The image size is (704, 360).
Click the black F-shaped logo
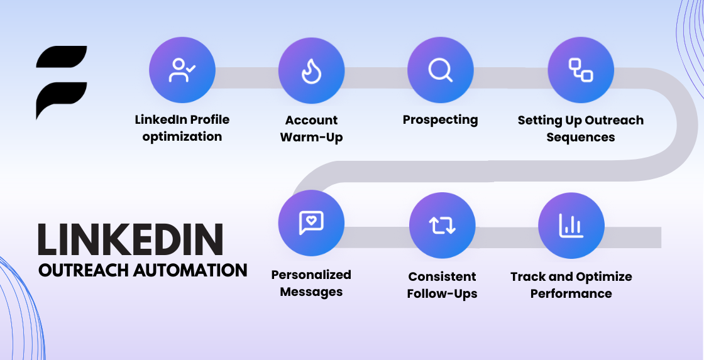click(x=62, y=82)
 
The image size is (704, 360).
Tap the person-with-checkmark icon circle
click(x=182, y=70)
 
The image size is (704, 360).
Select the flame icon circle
click(x=312, y=70)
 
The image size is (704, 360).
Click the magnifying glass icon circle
click(x=441, y=70)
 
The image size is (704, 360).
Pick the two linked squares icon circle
click(x=581, y=70)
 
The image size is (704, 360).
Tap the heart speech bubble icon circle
click(x=311, y=223)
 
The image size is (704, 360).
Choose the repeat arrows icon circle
click(x=443, y=226)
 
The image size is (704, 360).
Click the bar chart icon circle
click(x=571, y=226)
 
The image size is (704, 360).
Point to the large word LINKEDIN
click(x=131, y=240)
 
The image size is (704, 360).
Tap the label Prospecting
click(x=441, y=120)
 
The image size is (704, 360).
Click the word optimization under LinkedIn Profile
click(x=182, y=136)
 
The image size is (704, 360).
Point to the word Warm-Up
click(x=312, y=137)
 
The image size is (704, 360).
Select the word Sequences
click(x=581, y=138)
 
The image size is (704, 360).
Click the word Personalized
click(x=311, y=275)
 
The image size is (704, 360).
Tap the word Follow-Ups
click(x=443, y=294)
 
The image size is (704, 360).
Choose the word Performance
click(x=571, y=293)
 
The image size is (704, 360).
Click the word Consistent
click(x=443, y=276)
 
